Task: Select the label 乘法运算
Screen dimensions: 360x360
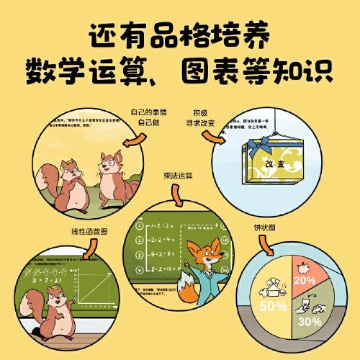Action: point(178,175)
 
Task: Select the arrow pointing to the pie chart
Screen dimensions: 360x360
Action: point(268,247)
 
